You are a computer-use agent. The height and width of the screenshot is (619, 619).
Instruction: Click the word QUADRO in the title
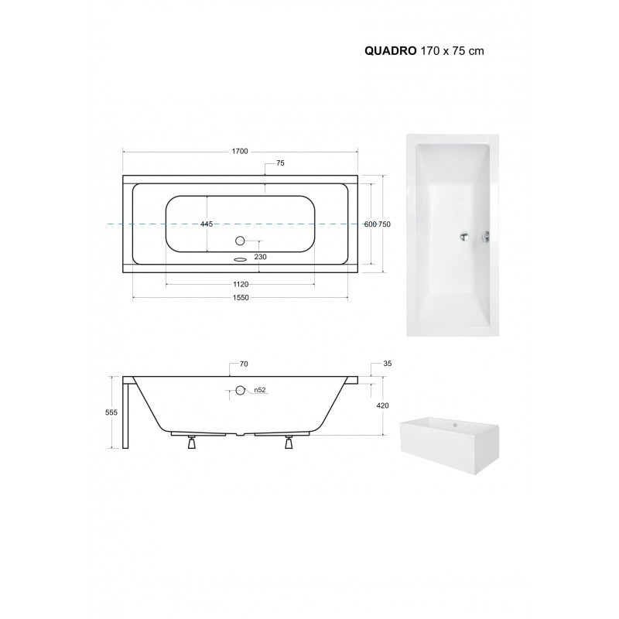(x=390, y=51)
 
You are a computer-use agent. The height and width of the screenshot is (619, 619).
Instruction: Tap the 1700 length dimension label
(x=240, y=151)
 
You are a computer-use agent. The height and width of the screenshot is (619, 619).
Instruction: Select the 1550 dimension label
(x=241, y=298)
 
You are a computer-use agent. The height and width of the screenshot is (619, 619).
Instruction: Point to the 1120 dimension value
(x=241, y=284)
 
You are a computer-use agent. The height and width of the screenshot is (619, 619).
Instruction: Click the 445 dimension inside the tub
(x=207, y=224)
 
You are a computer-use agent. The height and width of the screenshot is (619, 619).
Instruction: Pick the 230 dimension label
(x=260, y=257)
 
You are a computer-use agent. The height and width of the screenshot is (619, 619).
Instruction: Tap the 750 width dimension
(x=385, y=224)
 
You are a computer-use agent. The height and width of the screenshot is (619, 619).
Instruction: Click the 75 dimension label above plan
(x=280, y=163)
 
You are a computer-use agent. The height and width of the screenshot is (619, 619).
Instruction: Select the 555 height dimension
(x=111, y=412)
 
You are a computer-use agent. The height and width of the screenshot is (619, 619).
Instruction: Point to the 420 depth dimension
(x=382, y=405)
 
